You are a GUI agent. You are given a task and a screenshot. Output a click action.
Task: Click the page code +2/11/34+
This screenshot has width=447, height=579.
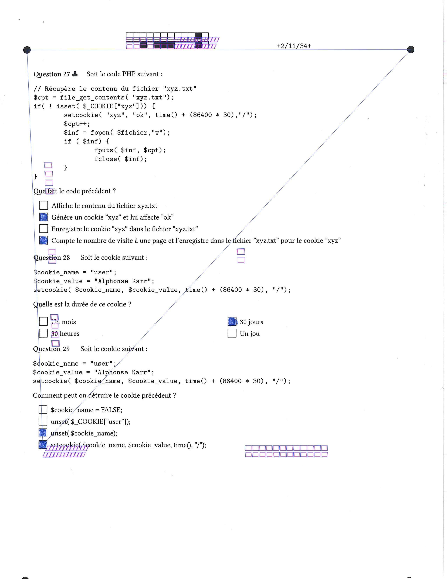(x=294, y=46)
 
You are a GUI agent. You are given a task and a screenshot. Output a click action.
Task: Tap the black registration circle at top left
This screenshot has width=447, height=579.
(x=27, y=50)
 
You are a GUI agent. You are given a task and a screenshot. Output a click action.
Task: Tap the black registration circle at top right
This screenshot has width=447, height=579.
(x=411, y=50)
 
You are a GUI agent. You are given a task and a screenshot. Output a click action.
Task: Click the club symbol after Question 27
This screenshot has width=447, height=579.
(x=75, y=74)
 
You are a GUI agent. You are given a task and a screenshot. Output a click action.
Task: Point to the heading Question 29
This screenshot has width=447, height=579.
(x=51, y=349)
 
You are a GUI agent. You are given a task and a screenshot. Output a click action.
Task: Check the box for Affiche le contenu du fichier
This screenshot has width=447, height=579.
(x=44, y=205)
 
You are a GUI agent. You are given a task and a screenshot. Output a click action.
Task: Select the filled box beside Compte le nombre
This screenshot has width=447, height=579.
(x=44, y=240)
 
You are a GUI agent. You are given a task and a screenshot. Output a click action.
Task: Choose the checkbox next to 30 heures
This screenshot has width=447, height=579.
(x=43, y=333)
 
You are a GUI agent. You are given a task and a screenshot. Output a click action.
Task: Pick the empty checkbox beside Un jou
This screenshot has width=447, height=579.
(x=232, y=333)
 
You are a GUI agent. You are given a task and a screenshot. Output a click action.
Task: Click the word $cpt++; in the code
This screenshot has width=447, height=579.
(x=77, y=124)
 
